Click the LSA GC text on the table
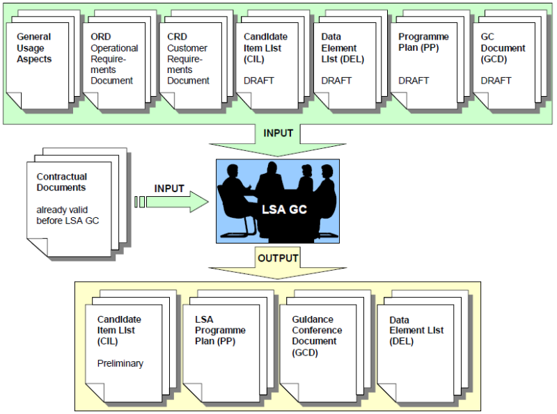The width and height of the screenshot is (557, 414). click(x=279, y=208)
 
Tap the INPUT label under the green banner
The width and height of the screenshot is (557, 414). click(x=278, y=133)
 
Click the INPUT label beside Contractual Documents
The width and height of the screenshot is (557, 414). click(x=169, y=189)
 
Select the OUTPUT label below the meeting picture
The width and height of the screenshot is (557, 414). click(x=278, y=258)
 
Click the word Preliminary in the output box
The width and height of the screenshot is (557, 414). click(x=120, y=363)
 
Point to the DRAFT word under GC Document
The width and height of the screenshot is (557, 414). click(x=496, y=81)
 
